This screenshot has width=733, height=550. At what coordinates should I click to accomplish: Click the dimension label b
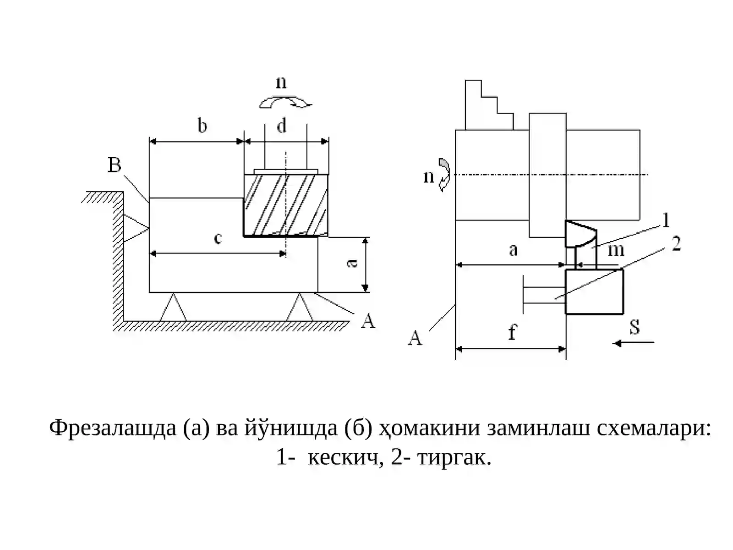(202, 126)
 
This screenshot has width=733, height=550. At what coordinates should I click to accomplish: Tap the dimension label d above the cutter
(282, 126)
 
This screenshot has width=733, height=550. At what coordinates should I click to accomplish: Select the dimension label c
(218, 238)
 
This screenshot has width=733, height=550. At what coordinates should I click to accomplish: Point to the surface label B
(114, 165)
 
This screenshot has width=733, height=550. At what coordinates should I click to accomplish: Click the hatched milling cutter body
(286, 205)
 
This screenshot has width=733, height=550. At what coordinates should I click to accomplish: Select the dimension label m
(616, 250)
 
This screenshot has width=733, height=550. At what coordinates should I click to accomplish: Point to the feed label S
(635, 327)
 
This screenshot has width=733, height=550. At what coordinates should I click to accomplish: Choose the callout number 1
(666, 220)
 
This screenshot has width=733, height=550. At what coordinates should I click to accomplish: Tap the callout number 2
(676, 244)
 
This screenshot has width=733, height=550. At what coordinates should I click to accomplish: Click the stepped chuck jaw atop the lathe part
(488, 105)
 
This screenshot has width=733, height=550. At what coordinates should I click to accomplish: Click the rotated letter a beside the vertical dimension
(353, 264)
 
